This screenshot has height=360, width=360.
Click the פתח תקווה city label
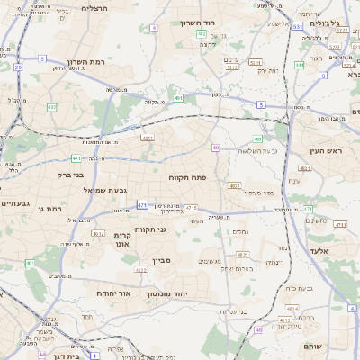tap(187, 178)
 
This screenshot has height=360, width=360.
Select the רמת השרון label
tap(87, 62)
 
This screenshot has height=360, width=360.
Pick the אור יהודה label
tap(112, 293)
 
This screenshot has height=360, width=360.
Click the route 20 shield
tap(18, 67)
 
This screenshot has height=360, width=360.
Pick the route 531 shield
tap(297, 28)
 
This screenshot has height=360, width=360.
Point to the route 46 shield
tap(258, 330)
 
